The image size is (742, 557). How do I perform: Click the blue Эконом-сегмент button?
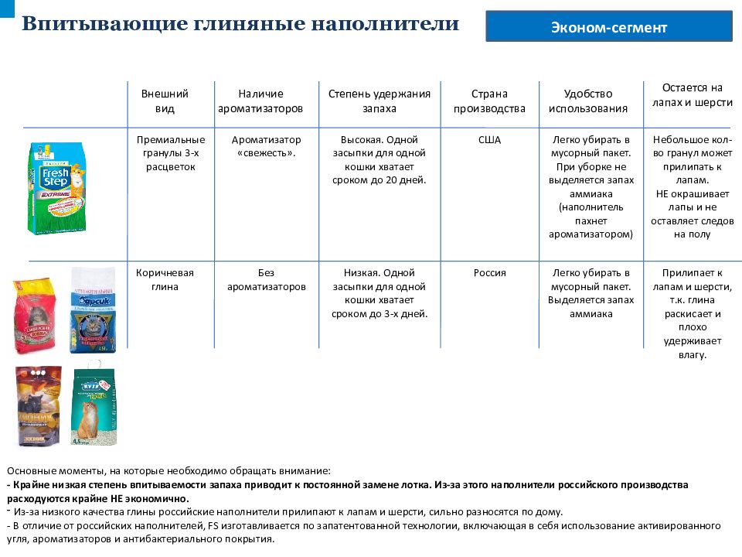click(609, 28)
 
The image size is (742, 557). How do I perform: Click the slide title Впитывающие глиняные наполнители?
click(240, 24)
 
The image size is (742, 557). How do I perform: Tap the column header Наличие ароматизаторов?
click(260, 101)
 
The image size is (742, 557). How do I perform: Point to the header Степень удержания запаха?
click(379, 101)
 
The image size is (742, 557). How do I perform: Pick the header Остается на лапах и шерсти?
click(692, 94)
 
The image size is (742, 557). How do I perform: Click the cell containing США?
click(489, 140)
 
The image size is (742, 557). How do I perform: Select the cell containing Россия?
click(489, 273)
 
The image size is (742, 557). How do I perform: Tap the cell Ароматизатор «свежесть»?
click(266, 146)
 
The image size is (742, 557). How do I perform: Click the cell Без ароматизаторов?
click(266, 280)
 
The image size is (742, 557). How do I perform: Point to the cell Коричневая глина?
click(165, 280)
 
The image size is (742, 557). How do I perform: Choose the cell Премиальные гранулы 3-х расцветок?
click(170, 153)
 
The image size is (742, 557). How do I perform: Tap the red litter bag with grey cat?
click(35, 314)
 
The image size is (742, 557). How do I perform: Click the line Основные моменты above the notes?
click(168, 470)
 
